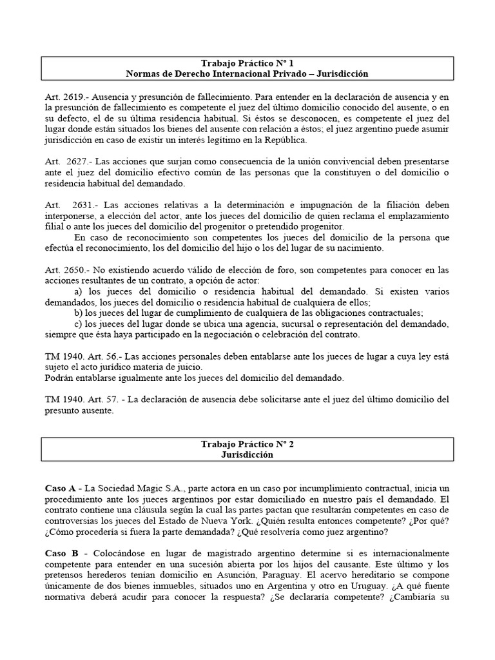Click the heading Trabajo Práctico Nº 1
(x=247, y=63)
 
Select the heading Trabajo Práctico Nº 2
(x=247, y=444)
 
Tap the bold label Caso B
(x=61, y=554)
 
